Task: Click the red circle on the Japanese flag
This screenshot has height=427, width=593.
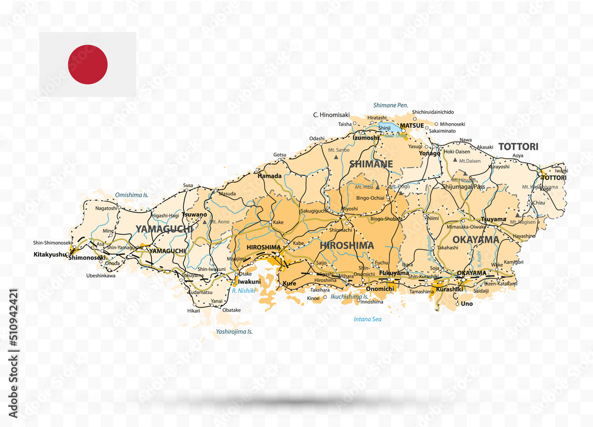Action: [x=88, y=65]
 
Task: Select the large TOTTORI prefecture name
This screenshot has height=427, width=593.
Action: [x=518, y=146]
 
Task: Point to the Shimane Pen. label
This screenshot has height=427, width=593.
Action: [x=390, y=105]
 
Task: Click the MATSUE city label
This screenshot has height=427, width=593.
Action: [x=412, y=126]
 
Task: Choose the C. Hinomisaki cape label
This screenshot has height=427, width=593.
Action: [x=331, y=114]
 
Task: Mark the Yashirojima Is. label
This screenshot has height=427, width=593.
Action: [x=234, y=332]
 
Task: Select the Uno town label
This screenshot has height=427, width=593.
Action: [x=467, y=303]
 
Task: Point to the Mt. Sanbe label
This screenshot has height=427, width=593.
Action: [x=338, y=150]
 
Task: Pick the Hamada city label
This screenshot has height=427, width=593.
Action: [x=269, y=176]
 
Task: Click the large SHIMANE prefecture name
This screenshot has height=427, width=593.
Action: [x=371, y=163]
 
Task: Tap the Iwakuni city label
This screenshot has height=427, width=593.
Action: [x=250, y=282]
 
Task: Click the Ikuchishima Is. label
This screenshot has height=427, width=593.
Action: [x=349, y=296]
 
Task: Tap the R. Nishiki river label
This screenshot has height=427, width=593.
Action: [x=243, y=291]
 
